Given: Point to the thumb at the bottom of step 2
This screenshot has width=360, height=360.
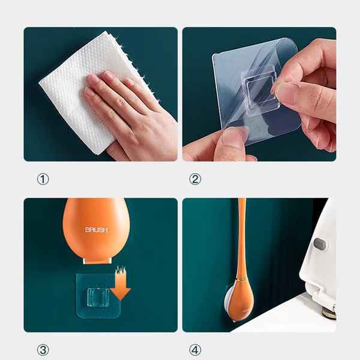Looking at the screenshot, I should click(x=228, y=146).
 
